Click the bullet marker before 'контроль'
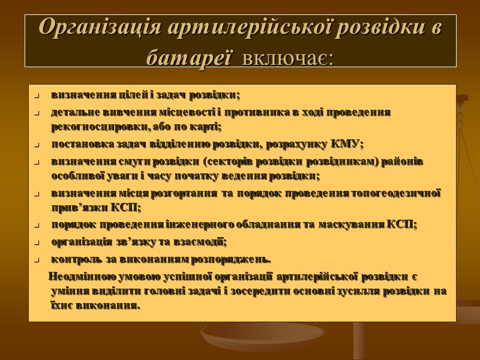pyautogui.click(x=37, y=260)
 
